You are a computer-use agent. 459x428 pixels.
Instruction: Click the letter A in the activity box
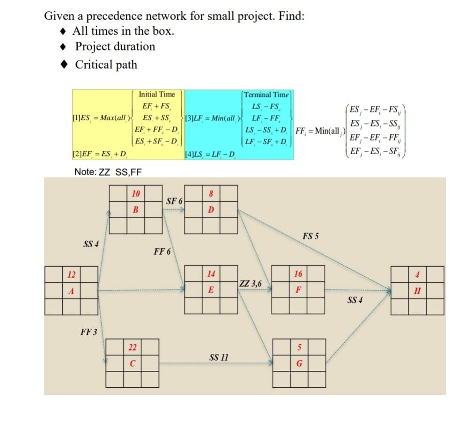pyautogui.click(x=71, y=291)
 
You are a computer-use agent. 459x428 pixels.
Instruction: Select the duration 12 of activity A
pyautogui.click(x=71, y=274)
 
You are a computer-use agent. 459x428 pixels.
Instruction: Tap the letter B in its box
pyautogui.click(x=136, y=210)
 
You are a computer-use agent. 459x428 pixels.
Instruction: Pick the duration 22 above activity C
pyautogui.click(x=133, y=347)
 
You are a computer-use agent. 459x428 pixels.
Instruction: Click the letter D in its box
pyautogui.click(x=211, y=210)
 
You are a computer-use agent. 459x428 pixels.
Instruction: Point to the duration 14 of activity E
pyautogui.click(x=211, y=274)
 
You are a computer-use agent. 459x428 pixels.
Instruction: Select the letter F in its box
pyautogui.click(x=298, y=291)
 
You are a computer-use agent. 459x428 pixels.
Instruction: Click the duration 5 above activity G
pyautogui.click(x=298, y=347)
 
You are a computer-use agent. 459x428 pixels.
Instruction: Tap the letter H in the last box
pyautogui.click(x=417, y=291)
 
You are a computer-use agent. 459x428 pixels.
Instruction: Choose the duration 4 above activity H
pyautogui.click(x=417, y=274)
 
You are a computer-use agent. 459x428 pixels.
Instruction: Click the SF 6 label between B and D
pyautogui.click(x=174, y=201)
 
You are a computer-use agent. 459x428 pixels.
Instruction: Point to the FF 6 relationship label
pyautogui.click(x=162, y=252)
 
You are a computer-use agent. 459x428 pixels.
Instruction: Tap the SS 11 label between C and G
pyautogui.click(x=219, y=357)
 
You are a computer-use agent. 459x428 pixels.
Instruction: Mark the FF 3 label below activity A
pyautogui.click(x=89, y=332)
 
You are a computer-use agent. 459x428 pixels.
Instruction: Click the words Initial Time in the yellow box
pyautogui.click(x=156, y=94)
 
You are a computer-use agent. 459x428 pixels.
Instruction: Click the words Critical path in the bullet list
pyautogui.click(x=106, y=64)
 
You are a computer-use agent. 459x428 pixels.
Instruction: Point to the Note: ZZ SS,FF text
pyautogui.click(x=108, y=172)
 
